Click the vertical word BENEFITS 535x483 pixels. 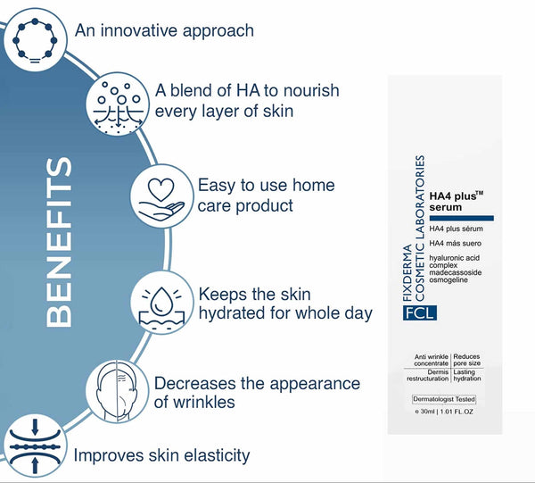59,243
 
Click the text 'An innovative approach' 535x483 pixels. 164,30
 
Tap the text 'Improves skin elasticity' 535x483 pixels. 161,455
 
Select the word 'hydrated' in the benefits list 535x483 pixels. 236,313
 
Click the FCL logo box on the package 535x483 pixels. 419,312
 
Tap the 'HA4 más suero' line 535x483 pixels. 455,243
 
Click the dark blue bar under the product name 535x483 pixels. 460,217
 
